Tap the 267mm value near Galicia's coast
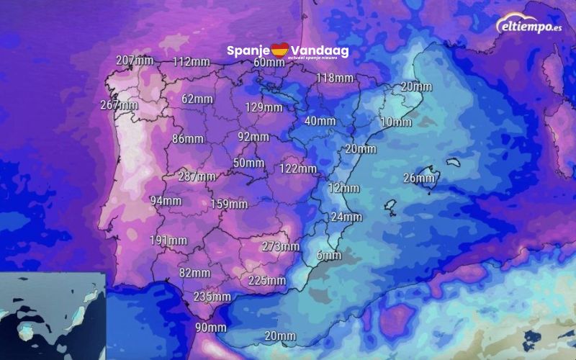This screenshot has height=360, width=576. pos(119,105)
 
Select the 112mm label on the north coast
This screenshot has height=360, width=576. pos(191,61)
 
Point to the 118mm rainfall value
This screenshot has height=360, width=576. pos(334,78)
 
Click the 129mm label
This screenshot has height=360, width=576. pos(264,107)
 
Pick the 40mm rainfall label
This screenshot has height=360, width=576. pos(320,120)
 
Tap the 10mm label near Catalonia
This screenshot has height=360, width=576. pos(396,122)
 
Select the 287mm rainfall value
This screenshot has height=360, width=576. pos(197,176)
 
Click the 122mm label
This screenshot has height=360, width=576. pos(298,168)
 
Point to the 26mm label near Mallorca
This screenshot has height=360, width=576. pos(419,178)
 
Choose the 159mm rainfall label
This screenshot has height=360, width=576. pos(229,204)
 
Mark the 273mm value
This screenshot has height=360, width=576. pos(280,246)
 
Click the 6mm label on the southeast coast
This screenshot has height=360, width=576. pos(328,256)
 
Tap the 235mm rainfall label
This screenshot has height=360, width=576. pos(212,297)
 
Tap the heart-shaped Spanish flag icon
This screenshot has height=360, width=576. pos(279,50)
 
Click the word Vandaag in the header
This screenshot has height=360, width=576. pos(319,50)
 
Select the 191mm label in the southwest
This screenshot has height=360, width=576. pos(168,240)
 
